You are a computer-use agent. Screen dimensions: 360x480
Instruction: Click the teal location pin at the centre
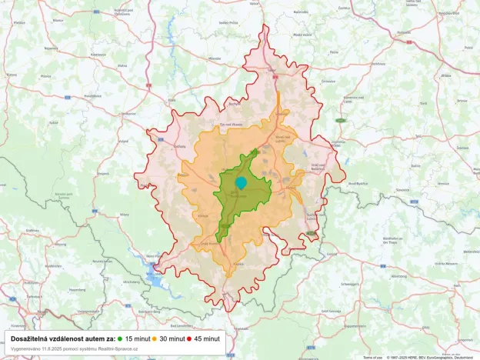[241, 183]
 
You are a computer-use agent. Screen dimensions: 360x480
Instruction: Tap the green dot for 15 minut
[122, 338]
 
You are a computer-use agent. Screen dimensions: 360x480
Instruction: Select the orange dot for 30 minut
[155, 338]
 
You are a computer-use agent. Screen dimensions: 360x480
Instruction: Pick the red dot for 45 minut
[189, 338]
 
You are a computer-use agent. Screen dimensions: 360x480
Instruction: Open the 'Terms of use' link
[372, 357]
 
